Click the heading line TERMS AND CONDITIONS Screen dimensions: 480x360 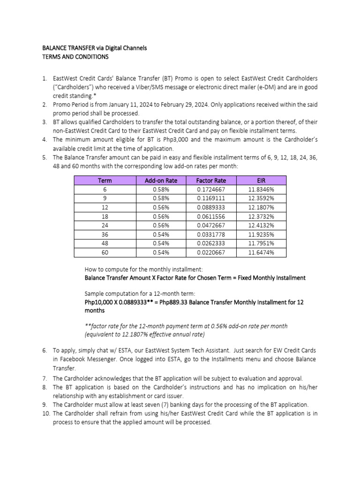click(x=75, y=57)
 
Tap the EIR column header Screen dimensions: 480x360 click(x=261, y=180)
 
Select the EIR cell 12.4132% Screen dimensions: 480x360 click(x=261, y=225)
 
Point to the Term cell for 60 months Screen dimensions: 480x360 click(x=105, y=252)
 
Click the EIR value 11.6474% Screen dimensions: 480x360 click(x=261, y=252)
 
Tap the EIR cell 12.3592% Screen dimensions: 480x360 click(x=261, y=198)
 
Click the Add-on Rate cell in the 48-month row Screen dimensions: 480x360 click(x=161, y=243)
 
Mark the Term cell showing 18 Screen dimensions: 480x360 click(x=105, y=216)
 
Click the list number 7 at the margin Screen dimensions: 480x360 click(x=45, y=378)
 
